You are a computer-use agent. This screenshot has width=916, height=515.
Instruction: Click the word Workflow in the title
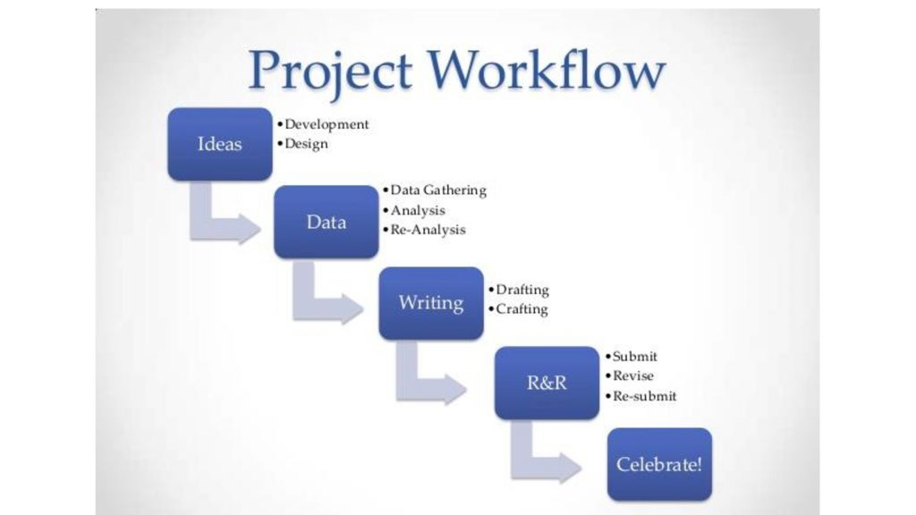(547, 69)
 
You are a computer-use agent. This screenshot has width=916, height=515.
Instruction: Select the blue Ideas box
(220, 144)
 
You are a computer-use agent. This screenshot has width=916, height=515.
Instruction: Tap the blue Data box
(326, 222)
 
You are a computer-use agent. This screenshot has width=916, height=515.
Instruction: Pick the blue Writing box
(431, 303)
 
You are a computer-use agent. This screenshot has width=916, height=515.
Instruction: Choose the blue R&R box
(547, 383)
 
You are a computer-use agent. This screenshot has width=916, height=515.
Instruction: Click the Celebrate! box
(659, 464)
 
